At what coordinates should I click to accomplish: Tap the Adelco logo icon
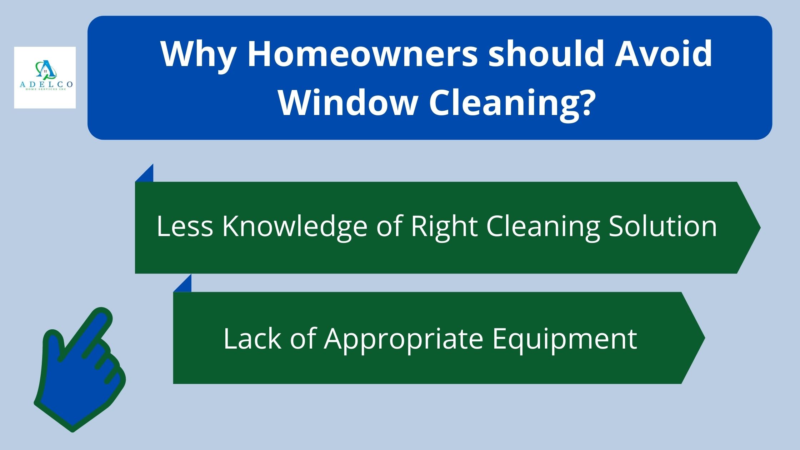pyautogui.click(x=45, y=69)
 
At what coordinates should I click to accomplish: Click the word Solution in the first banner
pyautogui.click(x=663, y=226)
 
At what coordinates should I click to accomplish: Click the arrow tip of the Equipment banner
pyautogui.click(x=705, y=338)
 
